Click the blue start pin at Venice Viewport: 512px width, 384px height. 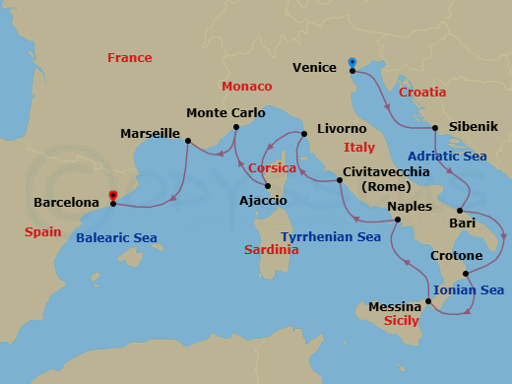coord(352,63)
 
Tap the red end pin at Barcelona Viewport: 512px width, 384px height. coord(113,196)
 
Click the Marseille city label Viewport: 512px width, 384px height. coord(150,133)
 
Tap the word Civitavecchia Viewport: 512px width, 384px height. coord(385,172)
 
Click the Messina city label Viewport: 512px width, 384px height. coord(395,306)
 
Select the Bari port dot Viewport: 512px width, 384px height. coord(459,211)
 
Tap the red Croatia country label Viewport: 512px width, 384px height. coord(422,93)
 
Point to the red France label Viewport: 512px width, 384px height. coord(130,58)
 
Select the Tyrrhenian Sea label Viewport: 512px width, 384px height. coord(331,237)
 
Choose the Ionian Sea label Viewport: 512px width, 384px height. coord(469,290)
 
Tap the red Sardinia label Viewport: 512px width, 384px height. coord(271,250)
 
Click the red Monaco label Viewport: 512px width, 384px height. coord(247,87)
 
